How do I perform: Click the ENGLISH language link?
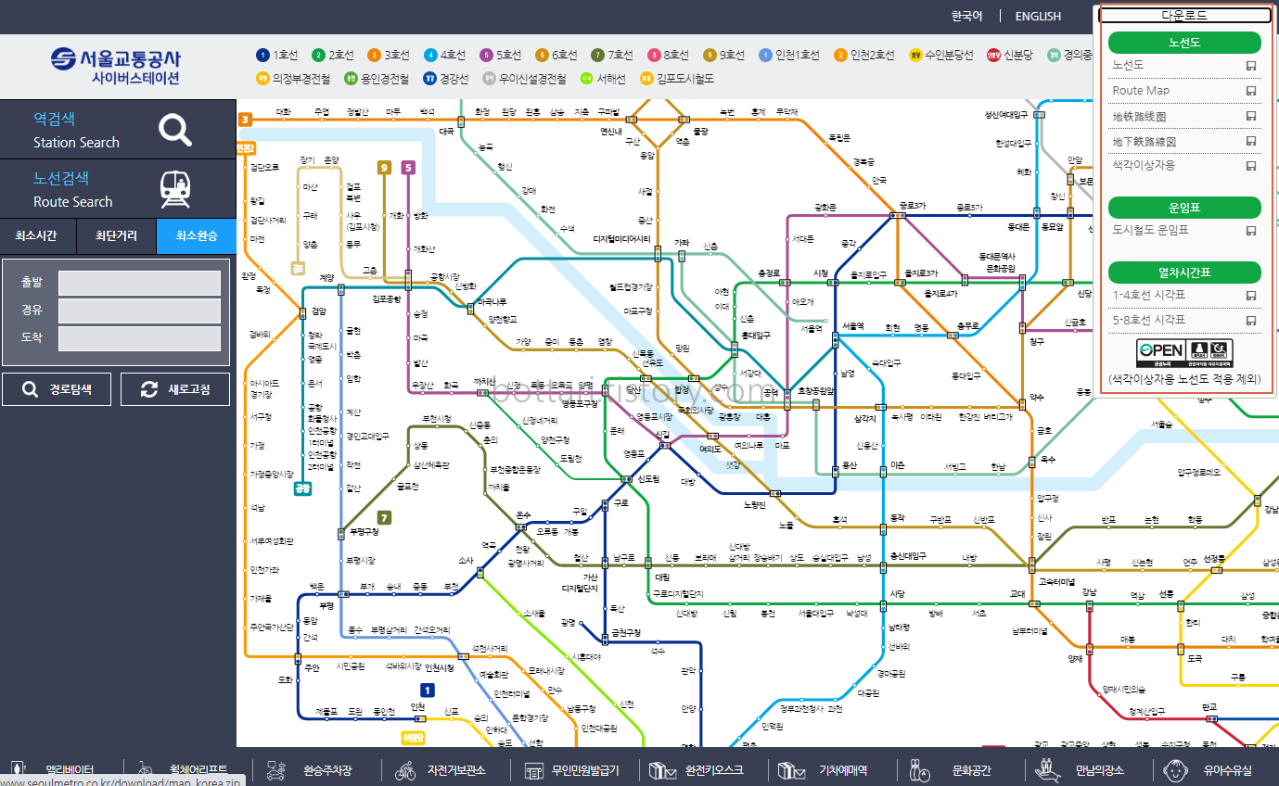pos(1038,16)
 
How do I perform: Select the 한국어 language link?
pos(966,16)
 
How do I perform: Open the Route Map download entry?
pos(1141,91)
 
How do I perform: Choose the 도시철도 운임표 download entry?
pos(1150,230)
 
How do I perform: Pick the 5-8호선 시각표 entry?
pos(1149,320)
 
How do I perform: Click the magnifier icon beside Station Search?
pos(174,130)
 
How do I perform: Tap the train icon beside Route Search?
pos(174,189)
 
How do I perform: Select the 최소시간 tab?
pos(36,236)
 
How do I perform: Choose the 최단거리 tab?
pos(116,236)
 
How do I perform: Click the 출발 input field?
pos(139,283)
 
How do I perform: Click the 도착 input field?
pos(139,338)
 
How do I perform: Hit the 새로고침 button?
pos(175,389)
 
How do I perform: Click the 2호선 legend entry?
pos(334,56)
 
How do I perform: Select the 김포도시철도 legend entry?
pos(677,79)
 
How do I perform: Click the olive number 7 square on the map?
pos(384,518)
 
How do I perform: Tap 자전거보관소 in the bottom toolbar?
pos(456,770)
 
